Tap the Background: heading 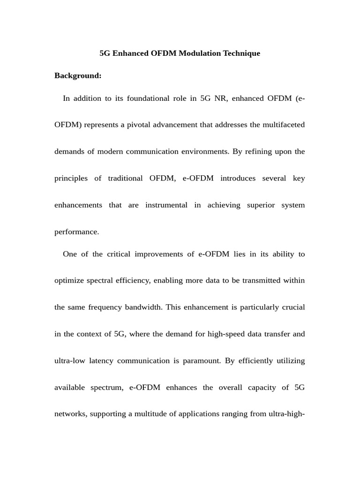[78, 75]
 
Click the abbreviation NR [220, 98]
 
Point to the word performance [76, 232]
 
